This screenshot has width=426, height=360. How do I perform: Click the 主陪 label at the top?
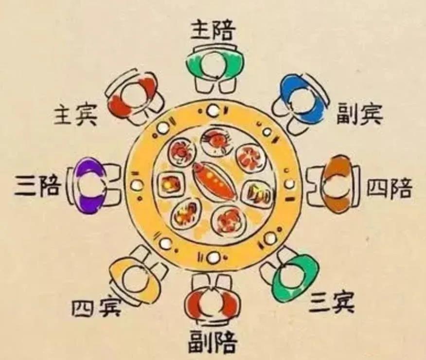(213, 32)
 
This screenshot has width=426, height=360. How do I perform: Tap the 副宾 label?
(360, 114)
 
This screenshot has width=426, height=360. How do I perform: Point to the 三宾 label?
(333, 304)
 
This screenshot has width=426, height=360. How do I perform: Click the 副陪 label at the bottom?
(213, 341)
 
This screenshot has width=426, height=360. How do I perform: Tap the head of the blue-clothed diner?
(302, 101)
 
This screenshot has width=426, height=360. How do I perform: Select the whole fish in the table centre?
(214, 180)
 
